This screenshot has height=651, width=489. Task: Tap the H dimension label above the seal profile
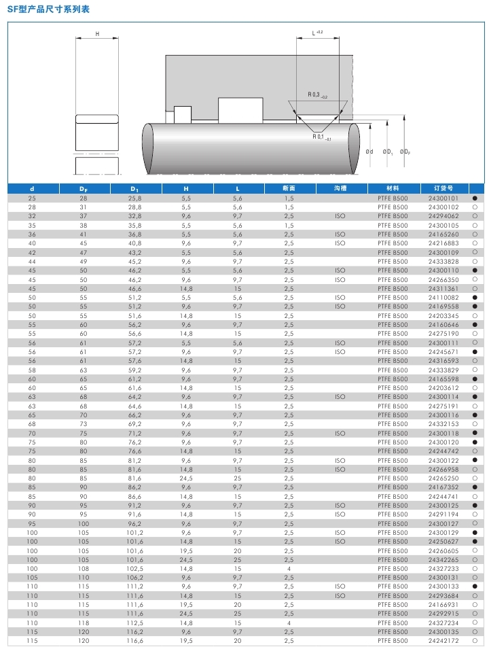(x=97, y=33)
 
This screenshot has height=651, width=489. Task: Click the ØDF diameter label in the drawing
(x=405, y=151)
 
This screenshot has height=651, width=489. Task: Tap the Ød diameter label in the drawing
(x=369, y=151)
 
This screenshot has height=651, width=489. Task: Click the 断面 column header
(x=289, y=188)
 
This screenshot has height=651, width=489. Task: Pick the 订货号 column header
(x=442, y=188)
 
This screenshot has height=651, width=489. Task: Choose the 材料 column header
(x=393, y=188)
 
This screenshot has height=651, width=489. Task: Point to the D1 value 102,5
(x=134, y=569)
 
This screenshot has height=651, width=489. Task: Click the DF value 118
(x=84, y=622)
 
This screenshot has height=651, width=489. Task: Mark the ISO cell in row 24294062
(x=340, y=216)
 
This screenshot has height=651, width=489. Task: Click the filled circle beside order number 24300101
(x=475, y=198)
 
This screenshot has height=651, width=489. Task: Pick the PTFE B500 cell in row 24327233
(x=393, y=569)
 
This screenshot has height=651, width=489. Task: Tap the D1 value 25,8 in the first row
(x=134, y=198)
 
